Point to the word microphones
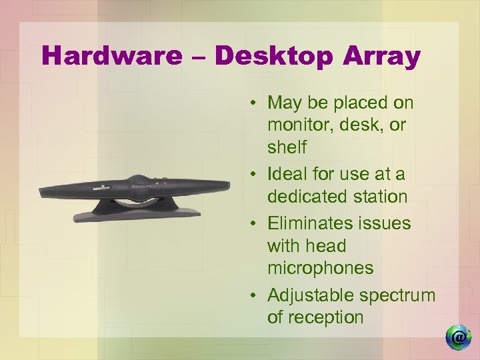point(320,268)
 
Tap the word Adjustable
point(310,295)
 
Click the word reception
point(315,317)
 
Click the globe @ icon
point(458,337)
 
